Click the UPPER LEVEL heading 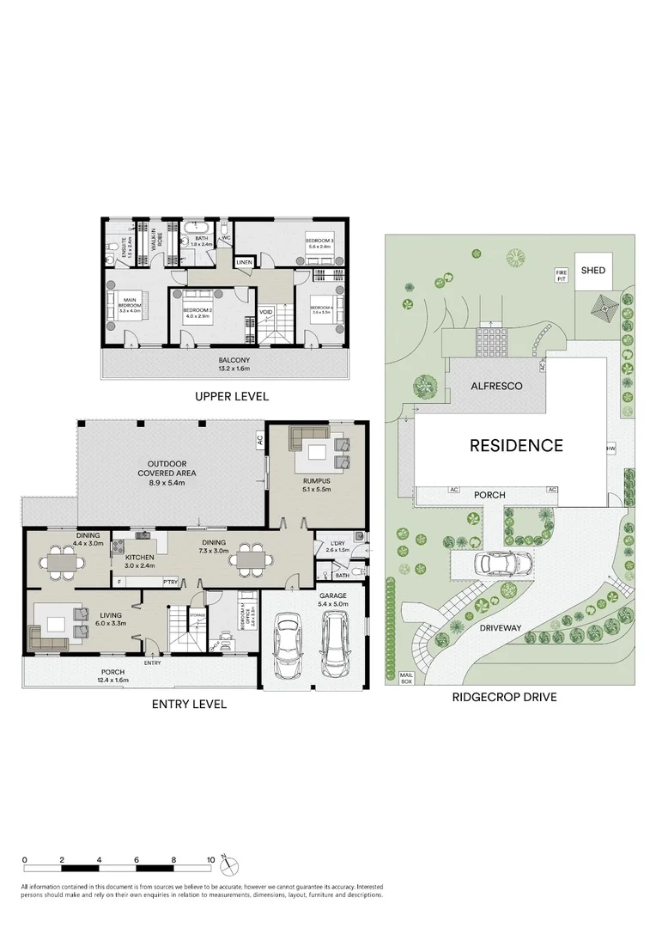[232, 397]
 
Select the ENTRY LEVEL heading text [191, 704]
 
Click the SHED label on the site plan [592, 271]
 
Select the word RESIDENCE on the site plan [515, 445]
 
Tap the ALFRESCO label [496, 387]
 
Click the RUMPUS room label [317, 485]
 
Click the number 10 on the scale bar [210, 859]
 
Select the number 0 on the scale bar [26, 859]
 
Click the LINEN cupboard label [245, 261]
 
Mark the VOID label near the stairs [266, 312]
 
